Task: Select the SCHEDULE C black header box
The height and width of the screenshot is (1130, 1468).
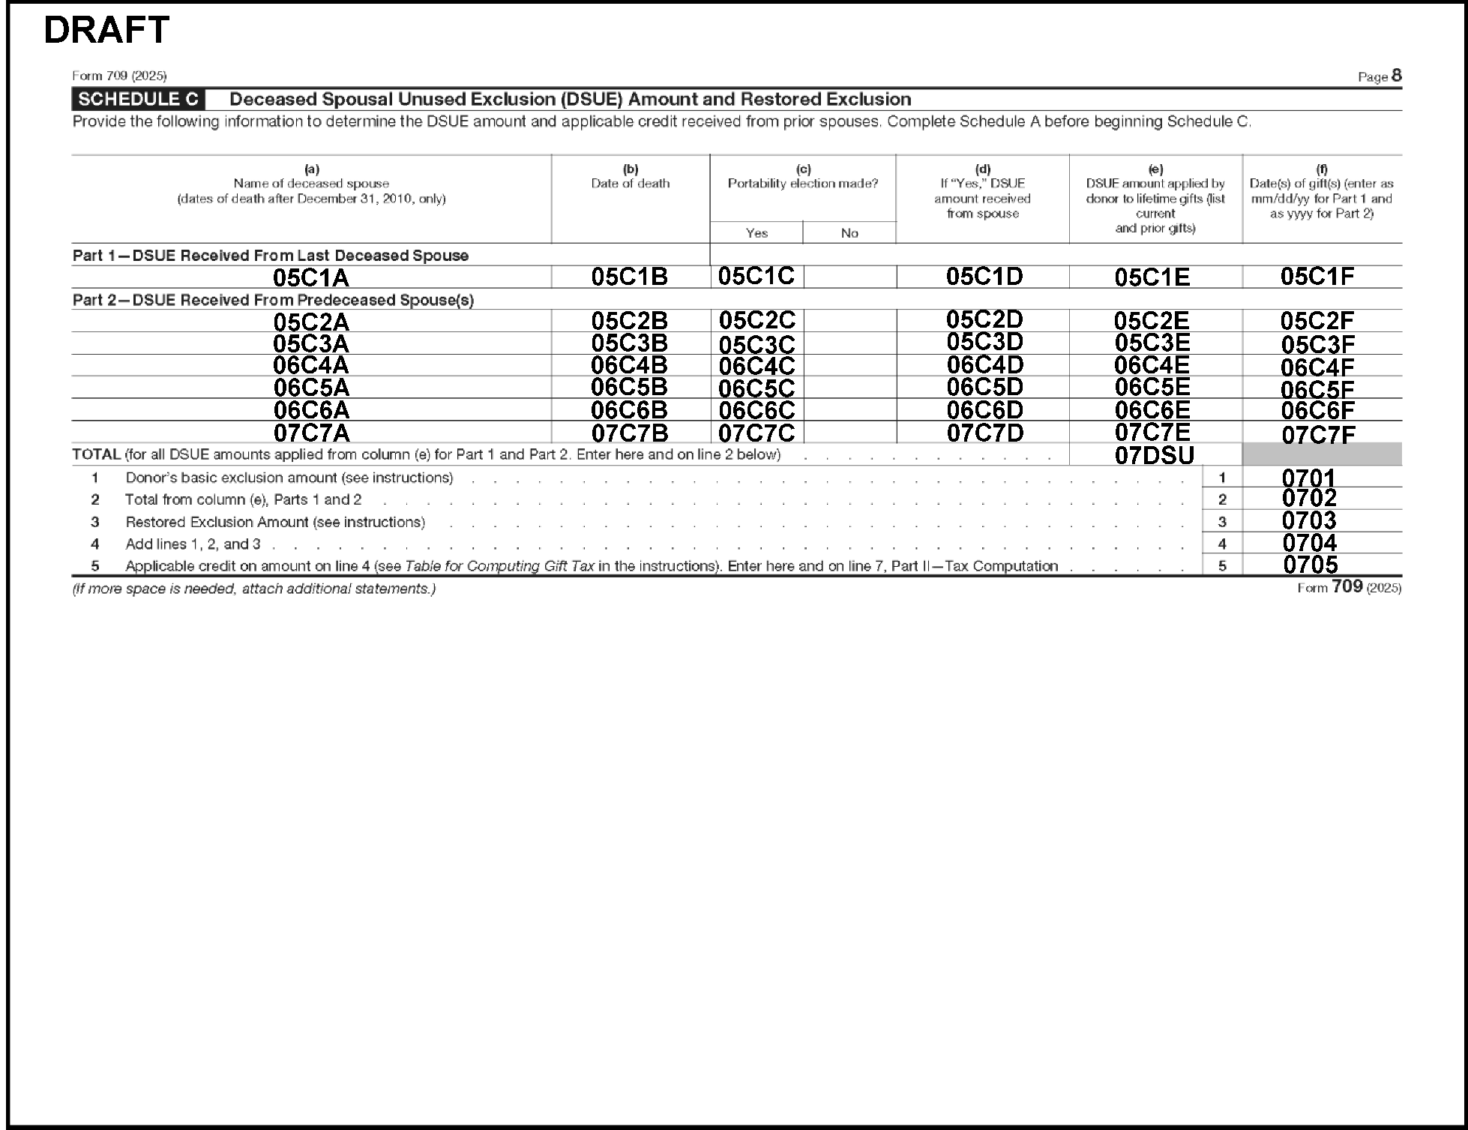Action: click(x=138, y=99)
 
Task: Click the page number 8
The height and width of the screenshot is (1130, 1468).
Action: click(x=1396, y=76)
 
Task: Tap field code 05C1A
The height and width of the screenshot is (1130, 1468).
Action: click(x=310, y=278)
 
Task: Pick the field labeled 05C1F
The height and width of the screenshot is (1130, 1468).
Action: click(x=1317, y=277)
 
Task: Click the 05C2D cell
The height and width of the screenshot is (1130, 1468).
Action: click(x=984, y=320)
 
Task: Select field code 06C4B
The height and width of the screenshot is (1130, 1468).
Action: click(x=629, y=365)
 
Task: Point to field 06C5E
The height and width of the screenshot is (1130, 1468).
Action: click(x=1152, y=387)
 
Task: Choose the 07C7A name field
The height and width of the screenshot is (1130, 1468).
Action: click(x=310, y=433)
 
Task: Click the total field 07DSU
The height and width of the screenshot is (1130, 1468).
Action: click(x=1154, y=455)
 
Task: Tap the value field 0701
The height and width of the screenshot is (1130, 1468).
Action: click(x=1308, y=478)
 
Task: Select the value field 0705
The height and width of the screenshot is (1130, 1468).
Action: click(x=1310, y=565)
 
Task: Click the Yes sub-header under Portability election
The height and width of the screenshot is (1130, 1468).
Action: click(x=756, y=233)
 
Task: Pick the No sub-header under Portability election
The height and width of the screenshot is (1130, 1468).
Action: click(x=849, y=233)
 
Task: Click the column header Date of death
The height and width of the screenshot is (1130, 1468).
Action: click(x=630, y=184)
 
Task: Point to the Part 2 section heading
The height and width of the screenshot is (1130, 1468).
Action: click(x=273, y=300)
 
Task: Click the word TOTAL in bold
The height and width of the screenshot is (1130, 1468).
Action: click(x=97, y=454)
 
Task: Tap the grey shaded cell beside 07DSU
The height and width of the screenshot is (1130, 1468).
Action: click(x=1322, y=454)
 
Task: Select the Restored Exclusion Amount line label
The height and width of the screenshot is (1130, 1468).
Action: click(x=275, y=522)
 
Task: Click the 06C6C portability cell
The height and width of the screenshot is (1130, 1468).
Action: click(x=756, y=410)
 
